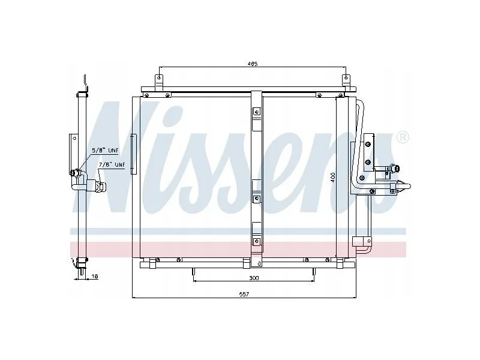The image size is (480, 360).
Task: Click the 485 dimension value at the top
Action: pos(253,64)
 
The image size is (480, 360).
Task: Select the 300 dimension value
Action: pos(254,278)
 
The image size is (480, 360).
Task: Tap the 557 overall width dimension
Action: pos(244,294)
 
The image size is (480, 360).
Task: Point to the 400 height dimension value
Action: pos(333,178)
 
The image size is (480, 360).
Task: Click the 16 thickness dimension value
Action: pos(95,276)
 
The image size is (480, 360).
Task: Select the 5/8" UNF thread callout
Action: pos(106,151)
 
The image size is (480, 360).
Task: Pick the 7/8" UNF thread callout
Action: pos(112,164)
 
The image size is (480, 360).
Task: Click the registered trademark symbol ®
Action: pos(402,137)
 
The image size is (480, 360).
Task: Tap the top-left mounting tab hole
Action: pos(158,78)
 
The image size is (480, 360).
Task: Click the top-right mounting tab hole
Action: pos(346,78)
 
